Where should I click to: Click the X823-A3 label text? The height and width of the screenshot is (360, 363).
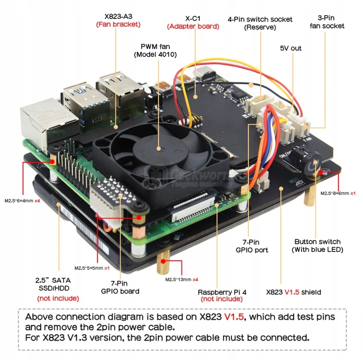coord(118,16)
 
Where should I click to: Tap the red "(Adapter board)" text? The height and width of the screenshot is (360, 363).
coord(193,27)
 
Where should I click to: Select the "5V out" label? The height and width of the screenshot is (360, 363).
coord(290,48)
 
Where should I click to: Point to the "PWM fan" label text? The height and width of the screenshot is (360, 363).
coord(155,46)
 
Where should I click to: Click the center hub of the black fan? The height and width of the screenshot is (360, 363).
coord(158,149)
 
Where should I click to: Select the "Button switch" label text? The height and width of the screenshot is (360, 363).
coord(317,242)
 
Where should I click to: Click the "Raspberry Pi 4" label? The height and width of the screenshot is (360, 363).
coord(222,292)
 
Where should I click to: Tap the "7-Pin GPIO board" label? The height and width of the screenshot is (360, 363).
coord(120,287)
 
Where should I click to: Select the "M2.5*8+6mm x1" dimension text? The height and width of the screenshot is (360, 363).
coord(337,193)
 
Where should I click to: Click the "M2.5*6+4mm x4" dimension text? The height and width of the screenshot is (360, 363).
coord(22,201)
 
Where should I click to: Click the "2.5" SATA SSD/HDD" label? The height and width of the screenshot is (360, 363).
coord(58,284)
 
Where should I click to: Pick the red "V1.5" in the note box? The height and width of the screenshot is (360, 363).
coord(234,317)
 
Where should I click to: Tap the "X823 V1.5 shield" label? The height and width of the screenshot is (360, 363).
coord(294,292)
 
